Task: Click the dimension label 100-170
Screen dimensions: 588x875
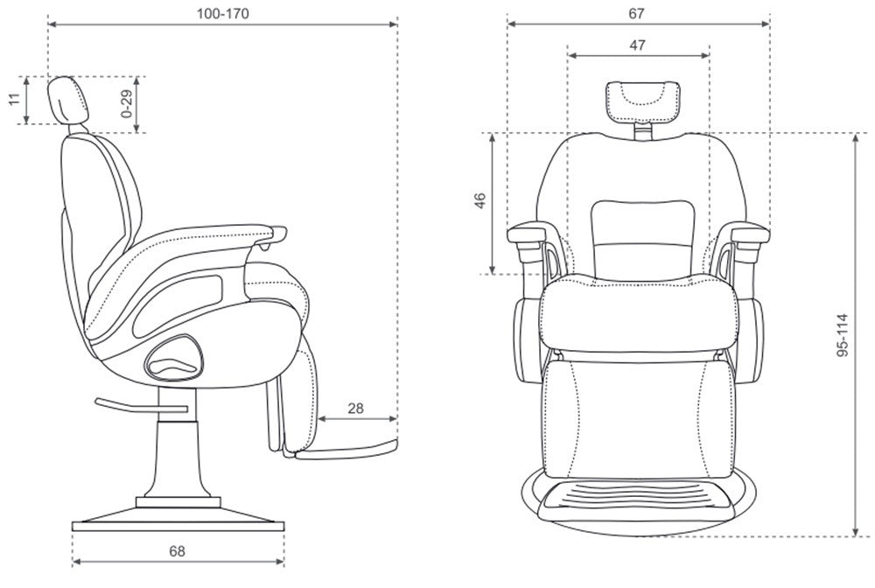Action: [221, 14]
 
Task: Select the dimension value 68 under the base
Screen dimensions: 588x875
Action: [177, 551]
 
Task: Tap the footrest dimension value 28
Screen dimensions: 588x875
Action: [356, 409]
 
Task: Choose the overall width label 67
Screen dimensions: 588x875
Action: [637, 13]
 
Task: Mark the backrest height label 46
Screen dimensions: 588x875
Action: [479, 202]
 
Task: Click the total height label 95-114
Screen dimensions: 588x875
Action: [841, 332]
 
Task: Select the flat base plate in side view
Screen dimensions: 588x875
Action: [178, 525]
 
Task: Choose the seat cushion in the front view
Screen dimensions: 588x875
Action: [638, 311]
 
